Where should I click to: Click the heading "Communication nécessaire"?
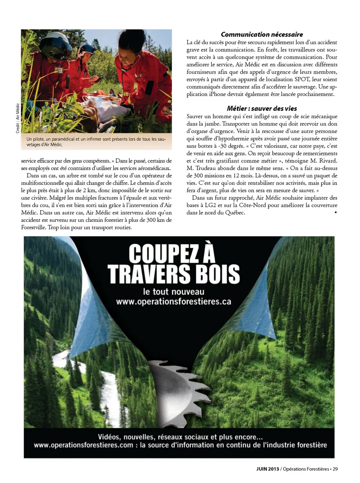[x=262, y=35]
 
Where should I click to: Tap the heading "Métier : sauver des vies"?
[x=262, y=108]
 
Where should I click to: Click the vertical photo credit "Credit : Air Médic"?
[x=18, y=118]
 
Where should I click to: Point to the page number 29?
[x=335, y=469]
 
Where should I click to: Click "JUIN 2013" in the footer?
[x=268, y=469]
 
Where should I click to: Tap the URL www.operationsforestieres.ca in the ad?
[x=173, y=302]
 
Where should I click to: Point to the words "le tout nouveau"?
[x=174, y=292]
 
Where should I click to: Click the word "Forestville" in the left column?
[x=33, y=227]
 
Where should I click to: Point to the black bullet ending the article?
[x=335, y=212]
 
